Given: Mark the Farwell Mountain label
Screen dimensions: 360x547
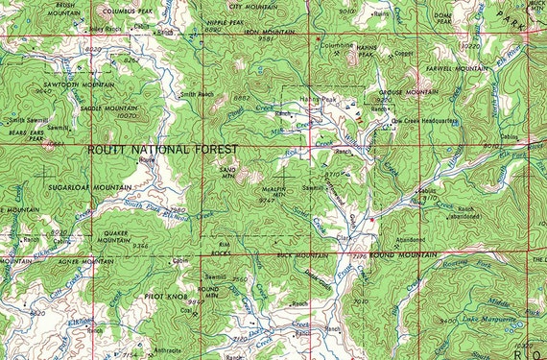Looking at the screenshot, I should [x=455, y=69].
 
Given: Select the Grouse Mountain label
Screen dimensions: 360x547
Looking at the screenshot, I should [x=401, y=91].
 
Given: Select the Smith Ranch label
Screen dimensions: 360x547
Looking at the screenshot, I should [x=197, y=94].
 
